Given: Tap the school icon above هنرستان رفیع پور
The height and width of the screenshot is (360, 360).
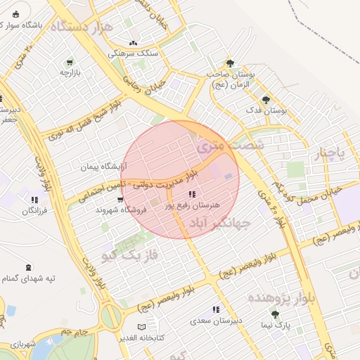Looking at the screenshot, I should pyautogui.click(x=192, y=194).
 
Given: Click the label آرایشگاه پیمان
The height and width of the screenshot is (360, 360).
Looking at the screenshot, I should pyautogui.click(x=103, y=167).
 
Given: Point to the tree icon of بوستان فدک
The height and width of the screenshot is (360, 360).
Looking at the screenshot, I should pyautogui.click(x=265, y=99).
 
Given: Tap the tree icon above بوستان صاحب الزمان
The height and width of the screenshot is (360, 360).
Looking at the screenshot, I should pyautogui.click(x=229, y=63).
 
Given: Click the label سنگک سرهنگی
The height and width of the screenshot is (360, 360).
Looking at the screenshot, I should pyautogui.click(x=134, y=53).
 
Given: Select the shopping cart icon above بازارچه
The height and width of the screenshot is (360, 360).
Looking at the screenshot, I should pyautogui.click(x=69, y=62).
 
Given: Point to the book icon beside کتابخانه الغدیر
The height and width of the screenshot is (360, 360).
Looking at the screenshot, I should pyautogui.click(x=142, y=328).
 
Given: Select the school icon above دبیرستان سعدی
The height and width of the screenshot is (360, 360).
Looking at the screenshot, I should pyautogui.click(x=216, y=309).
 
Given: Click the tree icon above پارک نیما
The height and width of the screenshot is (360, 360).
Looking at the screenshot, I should pyautogui.click(x=282, y=314).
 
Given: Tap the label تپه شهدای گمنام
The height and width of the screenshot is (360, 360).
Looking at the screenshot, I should pyautogui.click(x=29, y=278).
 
